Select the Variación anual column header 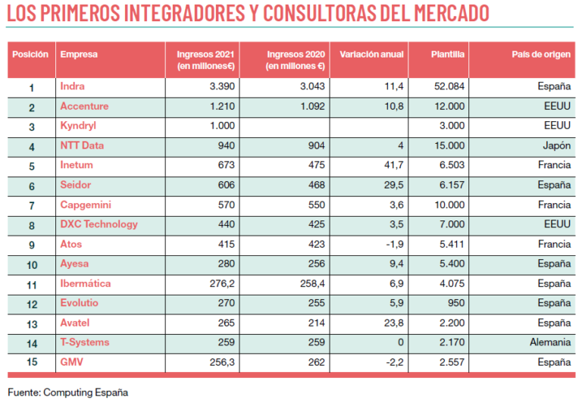tap(371, 55)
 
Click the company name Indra tap(72, 86)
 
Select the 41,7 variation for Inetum tap(394, 165)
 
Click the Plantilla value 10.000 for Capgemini tap(447, 205)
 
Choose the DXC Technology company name tap(99, 224)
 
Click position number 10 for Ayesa tap(31, 264)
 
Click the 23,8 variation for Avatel tap(394, 323)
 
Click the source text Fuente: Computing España tap(67, 392)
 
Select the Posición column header tap(31, 55)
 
